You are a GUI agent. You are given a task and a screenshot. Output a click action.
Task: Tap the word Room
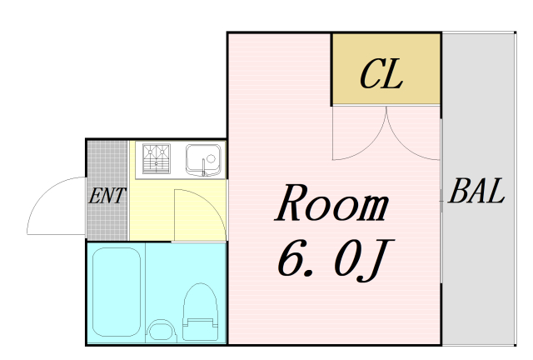tap(332, 203)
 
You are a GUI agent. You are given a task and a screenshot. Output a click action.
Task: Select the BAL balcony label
tap(476, 192)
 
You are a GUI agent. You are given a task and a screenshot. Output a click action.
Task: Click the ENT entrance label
tap(107, 197)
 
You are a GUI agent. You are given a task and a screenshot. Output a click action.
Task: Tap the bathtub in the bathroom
tap(115, 292)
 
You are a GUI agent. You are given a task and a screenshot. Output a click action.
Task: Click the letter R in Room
tap(291, 203)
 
